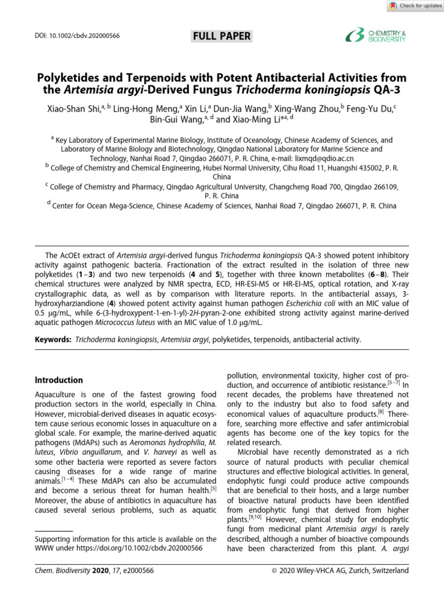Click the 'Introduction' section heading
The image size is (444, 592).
59,380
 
